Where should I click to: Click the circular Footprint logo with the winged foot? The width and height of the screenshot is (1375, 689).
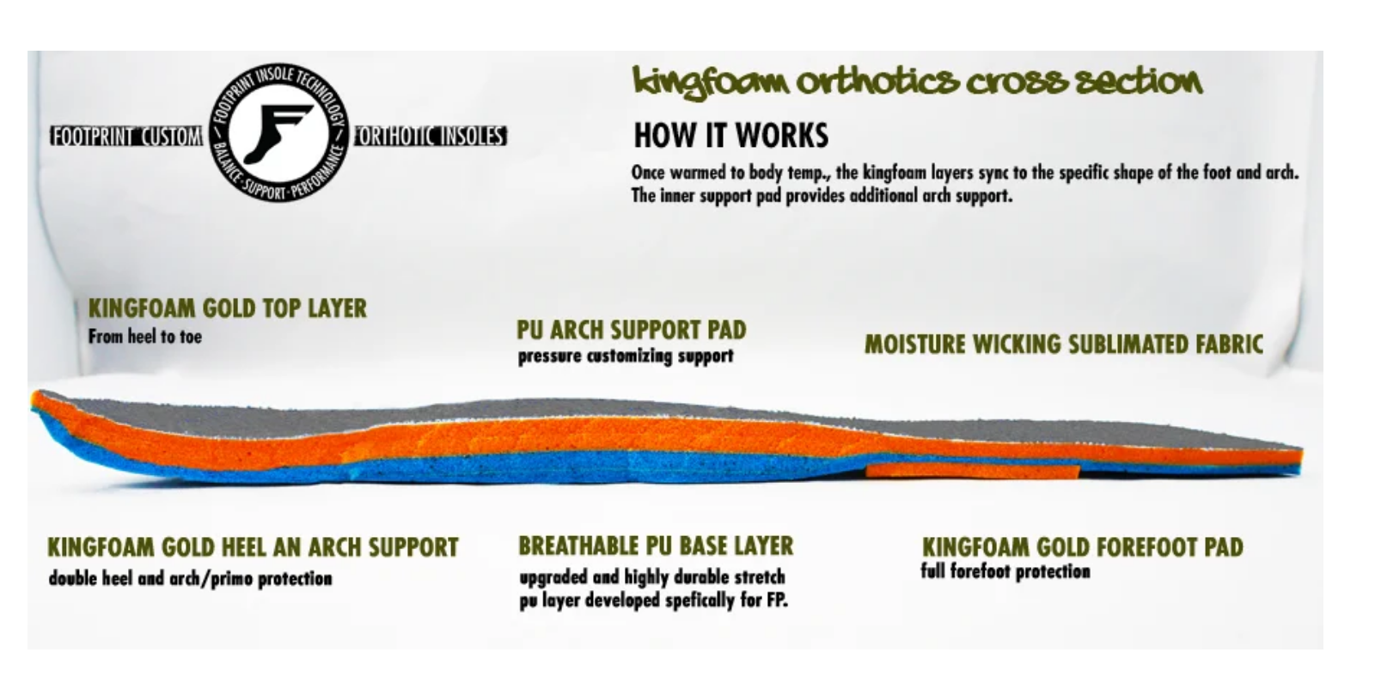(278, 135)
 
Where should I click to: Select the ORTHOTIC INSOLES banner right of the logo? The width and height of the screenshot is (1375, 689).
(430, 137)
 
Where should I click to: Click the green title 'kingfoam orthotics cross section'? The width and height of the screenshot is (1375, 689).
(916, 82)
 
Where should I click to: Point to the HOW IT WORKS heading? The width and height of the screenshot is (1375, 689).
(730, 136)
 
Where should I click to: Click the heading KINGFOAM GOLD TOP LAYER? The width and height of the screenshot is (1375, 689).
(227, 308)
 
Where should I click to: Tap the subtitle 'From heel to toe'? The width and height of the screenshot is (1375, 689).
(144, 337)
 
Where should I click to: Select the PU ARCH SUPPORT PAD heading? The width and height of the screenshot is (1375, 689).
(631, 330)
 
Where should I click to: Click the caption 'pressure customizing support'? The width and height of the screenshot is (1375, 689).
(625, 357)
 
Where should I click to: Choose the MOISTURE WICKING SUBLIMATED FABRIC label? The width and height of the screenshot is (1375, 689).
(1063, 344)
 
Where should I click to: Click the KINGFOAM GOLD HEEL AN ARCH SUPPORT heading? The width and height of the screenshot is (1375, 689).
(253, 548)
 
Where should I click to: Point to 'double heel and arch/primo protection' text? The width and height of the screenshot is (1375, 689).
(190, 578)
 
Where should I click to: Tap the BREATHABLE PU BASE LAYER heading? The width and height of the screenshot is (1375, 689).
(655, 546)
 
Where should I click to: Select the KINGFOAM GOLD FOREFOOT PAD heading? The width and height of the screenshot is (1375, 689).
(1082, 547)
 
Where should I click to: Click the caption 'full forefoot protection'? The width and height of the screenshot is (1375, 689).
(1005, 572)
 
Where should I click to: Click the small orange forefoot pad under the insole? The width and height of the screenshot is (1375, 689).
(972, 470)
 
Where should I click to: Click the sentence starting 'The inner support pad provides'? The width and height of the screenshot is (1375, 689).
(821, 196)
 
